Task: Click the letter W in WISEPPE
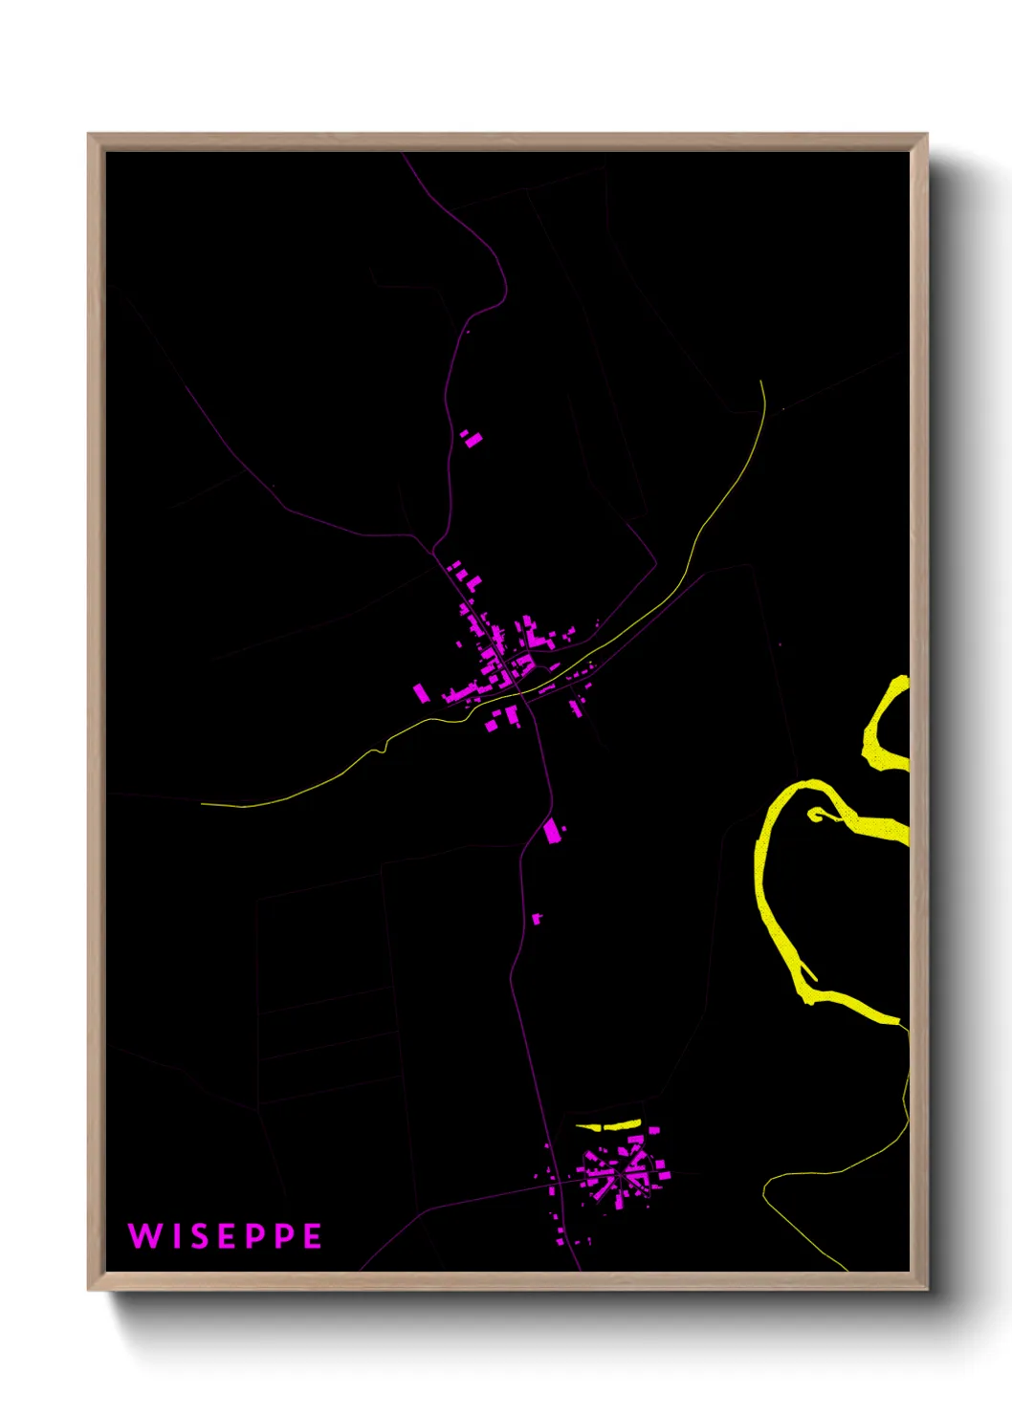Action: (x=143, y=1236)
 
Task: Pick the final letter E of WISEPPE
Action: (x=313, y=1236)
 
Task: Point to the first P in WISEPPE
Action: (x=256, y=1236)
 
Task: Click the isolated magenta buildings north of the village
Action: (x=472, y=438)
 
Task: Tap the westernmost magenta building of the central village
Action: (x=421, y=692)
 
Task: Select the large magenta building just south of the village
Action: (x=552, y=830)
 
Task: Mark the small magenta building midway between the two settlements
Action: (x=537, y=919)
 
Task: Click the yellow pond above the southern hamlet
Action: (x=608, y=1125)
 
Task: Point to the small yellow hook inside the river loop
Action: (x=816, y=815)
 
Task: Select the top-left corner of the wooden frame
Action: (x=90, y=136)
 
